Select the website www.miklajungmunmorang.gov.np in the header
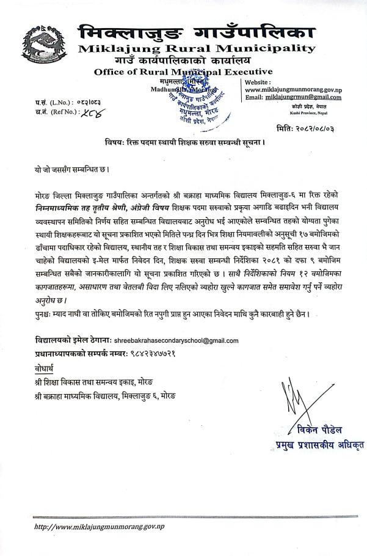[x=293, y=89]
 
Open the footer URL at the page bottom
[x=100, y=526]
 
